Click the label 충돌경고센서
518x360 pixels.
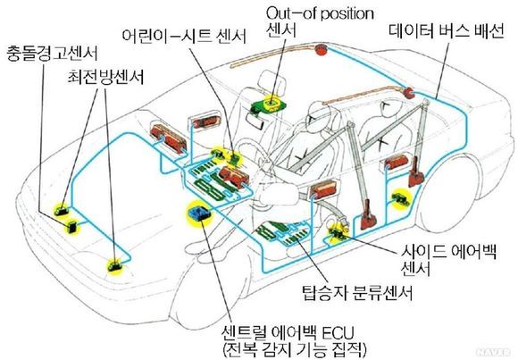coord(52,54)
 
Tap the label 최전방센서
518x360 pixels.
coord(105,78)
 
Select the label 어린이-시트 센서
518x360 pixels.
coord(184,36)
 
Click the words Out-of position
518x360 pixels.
coord(320,14)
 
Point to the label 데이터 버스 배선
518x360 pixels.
coord(447,31)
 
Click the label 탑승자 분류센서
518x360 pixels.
coord(357,293)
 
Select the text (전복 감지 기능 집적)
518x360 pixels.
coord(295,350)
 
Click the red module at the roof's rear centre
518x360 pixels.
coord(320,49)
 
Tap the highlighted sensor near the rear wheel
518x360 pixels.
coord(402,198)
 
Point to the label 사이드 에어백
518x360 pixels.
coord(448,252)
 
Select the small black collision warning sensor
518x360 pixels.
coord(71,227)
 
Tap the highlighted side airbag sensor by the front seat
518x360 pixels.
coord(337,233)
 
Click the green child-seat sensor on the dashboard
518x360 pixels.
coord(235,159)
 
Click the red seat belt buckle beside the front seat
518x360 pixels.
coord(368,219)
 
